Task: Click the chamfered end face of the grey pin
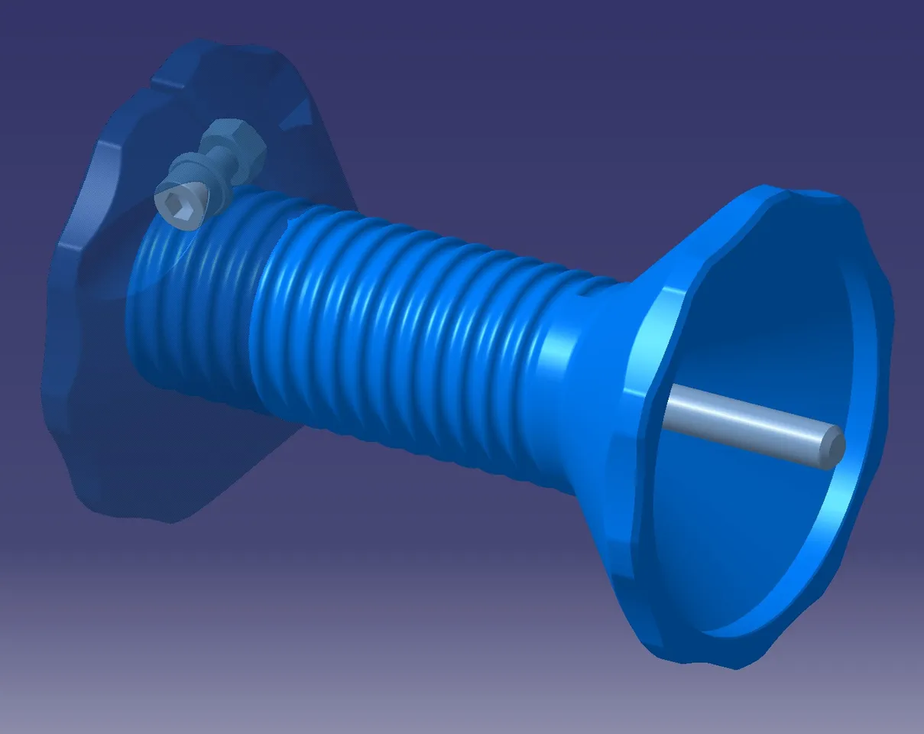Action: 833,446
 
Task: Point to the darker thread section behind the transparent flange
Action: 191,306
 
